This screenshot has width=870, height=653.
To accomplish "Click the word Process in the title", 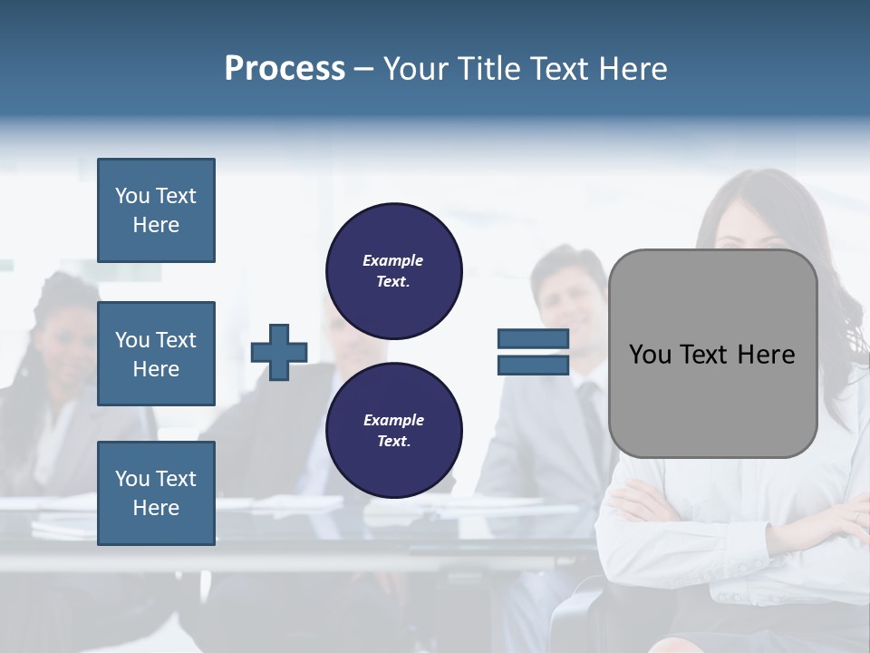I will (285, 69).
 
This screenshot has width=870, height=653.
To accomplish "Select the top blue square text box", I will (156, 210).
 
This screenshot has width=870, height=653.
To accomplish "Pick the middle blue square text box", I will (156, 354).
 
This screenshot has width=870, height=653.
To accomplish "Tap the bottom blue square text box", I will (156, 492).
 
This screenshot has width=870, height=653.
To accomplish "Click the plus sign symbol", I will (279, 352).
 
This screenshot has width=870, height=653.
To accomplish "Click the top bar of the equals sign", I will (533, 339).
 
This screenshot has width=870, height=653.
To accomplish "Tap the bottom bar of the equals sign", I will (533, 365).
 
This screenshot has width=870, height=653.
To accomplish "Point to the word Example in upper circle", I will (392, 260).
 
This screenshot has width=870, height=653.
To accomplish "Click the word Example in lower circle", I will (393, 420).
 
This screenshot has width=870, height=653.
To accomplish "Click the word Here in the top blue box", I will (156, 225).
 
